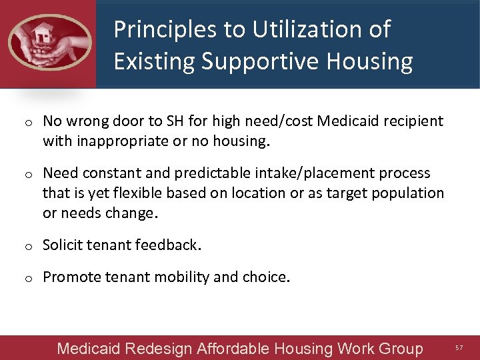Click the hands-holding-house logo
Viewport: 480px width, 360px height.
click(x=49, y=42)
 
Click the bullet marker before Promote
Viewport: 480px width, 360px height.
click(x=29, y=278)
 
